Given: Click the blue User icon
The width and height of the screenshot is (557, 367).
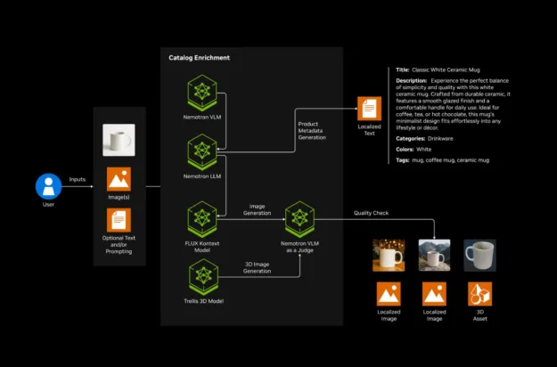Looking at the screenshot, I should [x=48, y=186].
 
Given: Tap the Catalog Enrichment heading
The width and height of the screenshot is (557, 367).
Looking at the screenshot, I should [x=199, y=58].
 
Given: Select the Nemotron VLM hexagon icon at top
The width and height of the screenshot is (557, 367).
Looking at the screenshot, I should [x=204, y=93].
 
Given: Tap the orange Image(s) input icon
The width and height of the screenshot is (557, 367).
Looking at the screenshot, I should [x=119, y=180].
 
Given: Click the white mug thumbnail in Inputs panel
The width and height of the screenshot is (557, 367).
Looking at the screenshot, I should [x=119, y=140].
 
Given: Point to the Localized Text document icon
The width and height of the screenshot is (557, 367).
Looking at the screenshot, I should [x=369, y=110].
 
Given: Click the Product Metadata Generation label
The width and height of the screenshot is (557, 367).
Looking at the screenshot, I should [x=312, y=130].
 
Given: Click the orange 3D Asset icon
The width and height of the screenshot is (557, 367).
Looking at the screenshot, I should [x=480, y=293].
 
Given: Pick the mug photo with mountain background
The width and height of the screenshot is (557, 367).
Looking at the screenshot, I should [x=434, y=255].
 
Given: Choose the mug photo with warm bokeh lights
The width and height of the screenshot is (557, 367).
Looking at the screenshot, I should [x=389, y=255].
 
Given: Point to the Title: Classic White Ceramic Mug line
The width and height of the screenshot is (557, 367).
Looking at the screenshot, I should [x=445, y=69].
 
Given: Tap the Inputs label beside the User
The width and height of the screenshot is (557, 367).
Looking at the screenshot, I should [x=78, y=179].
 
